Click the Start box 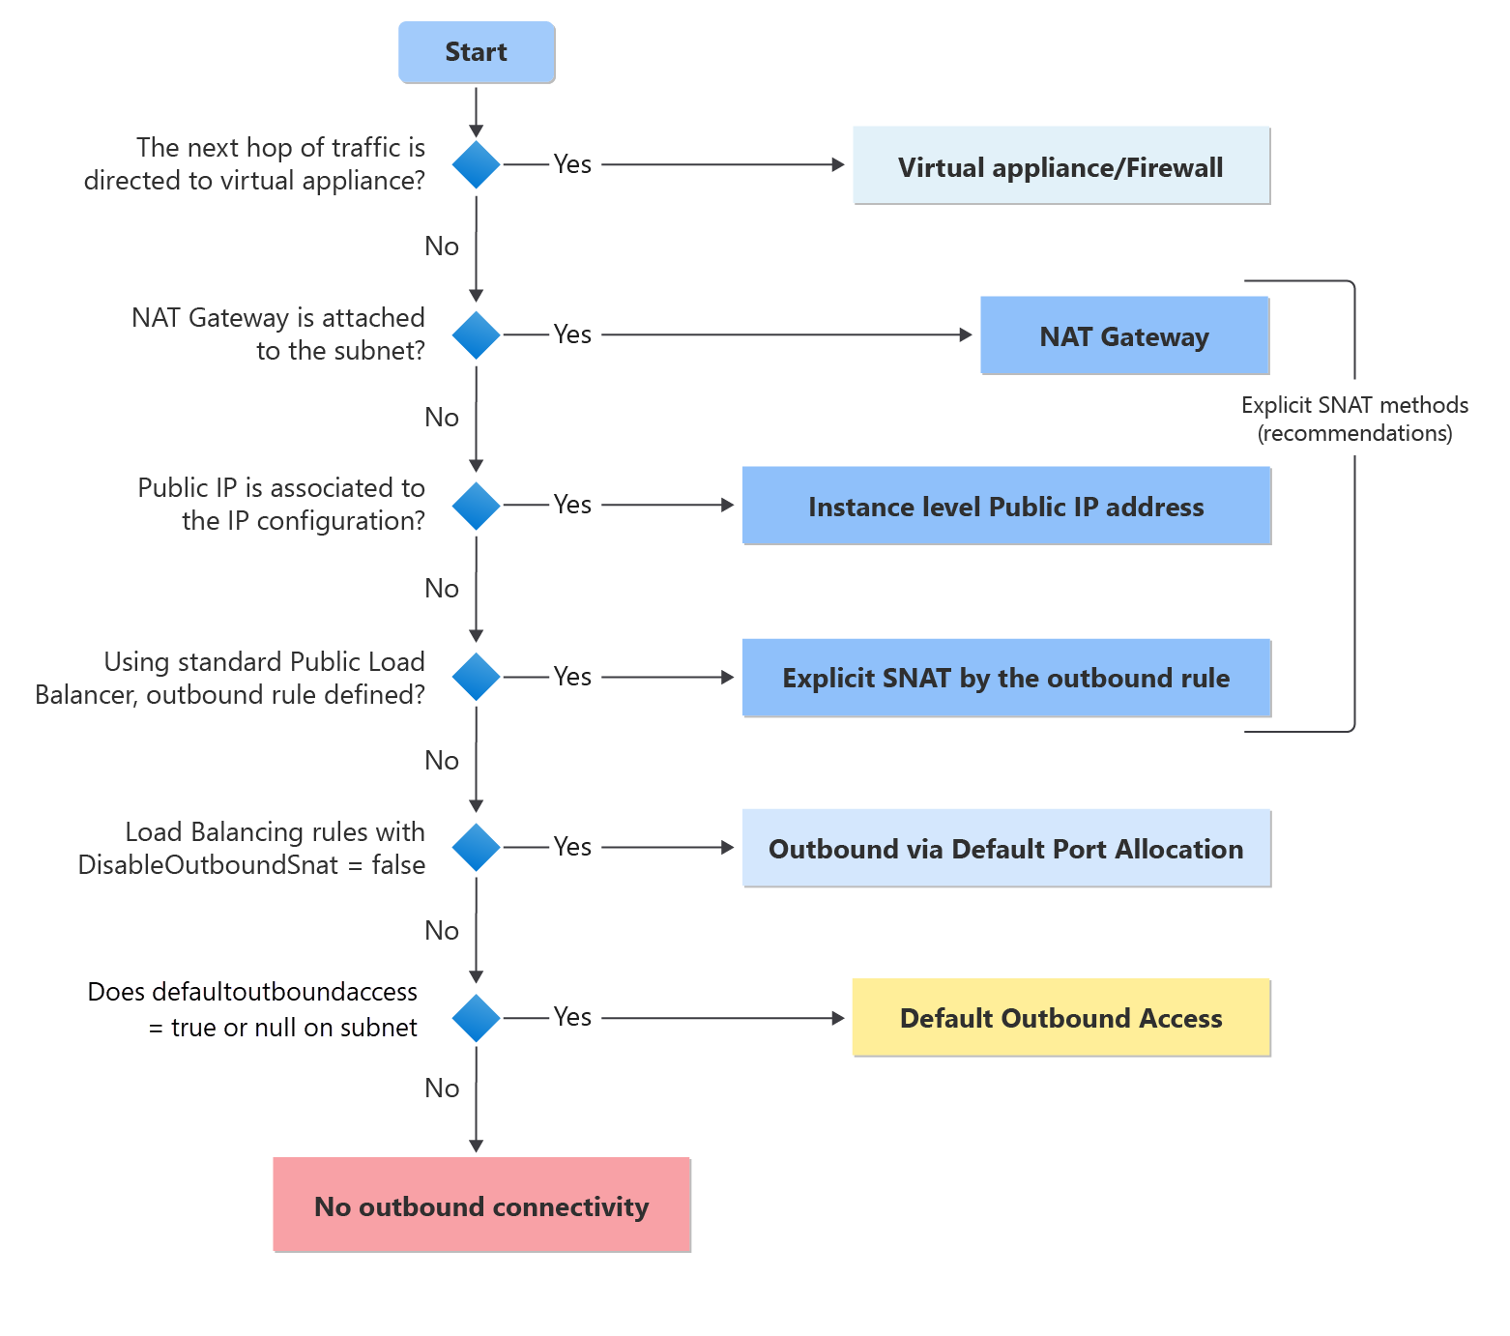pyautogui.click(x=477, y=52)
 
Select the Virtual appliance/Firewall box pyautogui.click(x=1060, y=166)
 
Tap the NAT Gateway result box pyautogui.click(x=1123, y=335)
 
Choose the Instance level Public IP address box pyautogui.click(x=1005, y=506)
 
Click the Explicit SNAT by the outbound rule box pyautogui.click(x=1005, y=678)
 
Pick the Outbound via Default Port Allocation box pyautogui.click(x=1005, y=848)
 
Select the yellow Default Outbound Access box pyautogui.click(x=1060, y=1018)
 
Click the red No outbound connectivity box pyautogui.click(x=481, y=1205)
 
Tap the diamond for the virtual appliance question pyautogui.click(x=476, y=164)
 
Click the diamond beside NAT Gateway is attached pyautogui.click(x=476, y=334)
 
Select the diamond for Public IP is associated pyautogui.click(x=476, y=506)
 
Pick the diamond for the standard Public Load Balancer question pyautogui.click(x=476, y=677)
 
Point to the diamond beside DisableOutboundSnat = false pyautogui.click(x=476, y=847)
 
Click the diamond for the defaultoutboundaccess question pyautogui.click(x=476, y=1018)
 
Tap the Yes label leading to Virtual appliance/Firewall pyautogui.click(x=572, y=164)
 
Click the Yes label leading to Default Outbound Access pyautogui.click(x=572, y=1017)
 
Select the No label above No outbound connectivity pyautogui.click(x=442, y=1089)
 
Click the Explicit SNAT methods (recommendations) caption pyautogui.click(x=1354, y=419)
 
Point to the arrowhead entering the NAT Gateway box pyautogui.click(x=966, y=334)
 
